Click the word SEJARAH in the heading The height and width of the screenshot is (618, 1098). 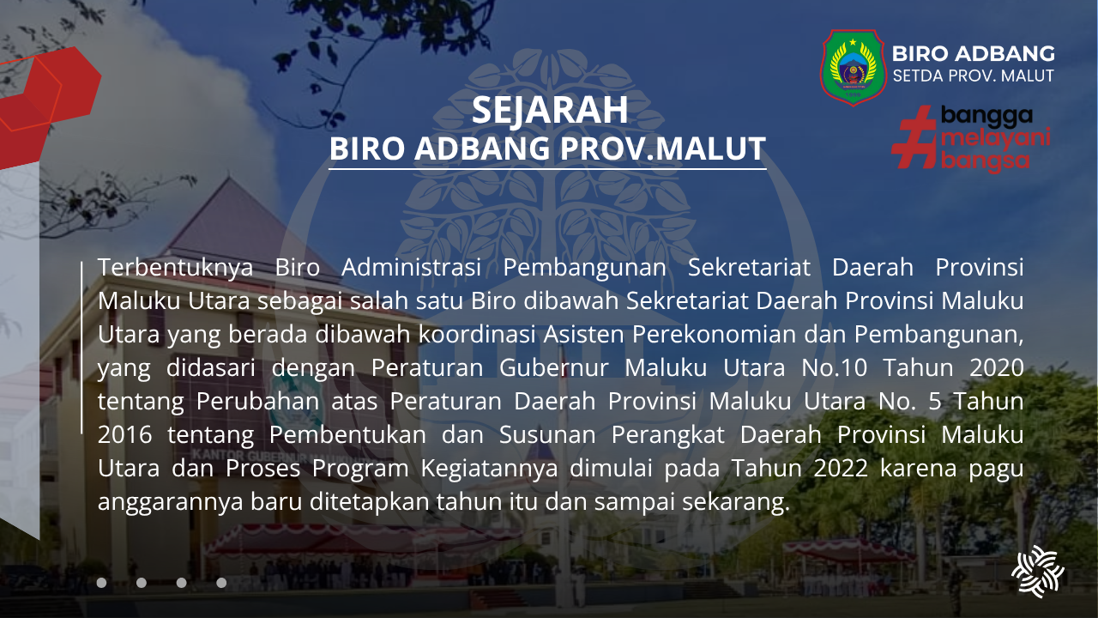click(x=550, y=111)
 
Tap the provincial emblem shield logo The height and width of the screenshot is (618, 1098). click(x=854, y=67)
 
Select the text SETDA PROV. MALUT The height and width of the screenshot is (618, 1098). click(x=973, y=76)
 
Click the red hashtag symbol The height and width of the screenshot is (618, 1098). click(x=914, y=137)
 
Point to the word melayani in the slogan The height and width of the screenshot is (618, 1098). click(x=996, y=138)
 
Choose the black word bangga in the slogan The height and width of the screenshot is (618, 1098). click(x=986, y=117)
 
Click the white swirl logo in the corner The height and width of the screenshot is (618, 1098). click(x=1037, y=572)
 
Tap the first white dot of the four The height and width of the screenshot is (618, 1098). click(x=101, y=583)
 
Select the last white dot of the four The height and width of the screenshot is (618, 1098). click(x=221, y=583)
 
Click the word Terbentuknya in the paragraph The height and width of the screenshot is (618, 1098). click(x=176, y=268)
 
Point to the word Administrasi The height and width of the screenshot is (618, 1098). click(x=411, y=268)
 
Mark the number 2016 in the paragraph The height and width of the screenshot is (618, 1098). click(x=124, y=435)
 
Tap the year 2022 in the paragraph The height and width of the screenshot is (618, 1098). click(x=841, y=469)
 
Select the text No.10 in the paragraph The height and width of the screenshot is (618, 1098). click(x=835, y=368)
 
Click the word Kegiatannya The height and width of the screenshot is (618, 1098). click(x=489, y=469)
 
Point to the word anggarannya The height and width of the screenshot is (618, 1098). click(x=170, y=503)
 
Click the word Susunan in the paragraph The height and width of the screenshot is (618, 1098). click(x=547, y=435)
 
